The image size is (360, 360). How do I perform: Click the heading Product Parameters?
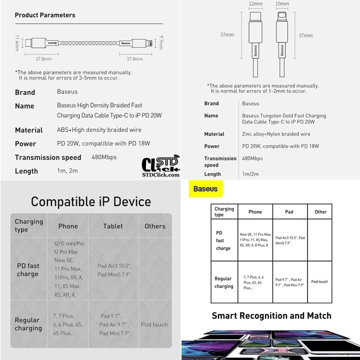(45, 15)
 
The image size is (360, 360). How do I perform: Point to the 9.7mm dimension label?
(161, 42)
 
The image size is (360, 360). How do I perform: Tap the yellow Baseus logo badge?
(202, 190)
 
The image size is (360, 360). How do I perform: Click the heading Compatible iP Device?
(90, 201)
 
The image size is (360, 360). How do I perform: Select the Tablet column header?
(113, 226)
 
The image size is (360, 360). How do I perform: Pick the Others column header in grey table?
(155, 226)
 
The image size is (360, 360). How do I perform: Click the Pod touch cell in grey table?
(154, 324)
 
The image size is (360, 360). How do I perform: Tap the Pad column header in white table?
(289, 212)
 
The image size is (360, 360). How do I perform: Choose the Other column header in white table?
(320, 212)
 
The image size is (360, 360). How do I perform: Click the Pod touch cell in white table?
(319, 281)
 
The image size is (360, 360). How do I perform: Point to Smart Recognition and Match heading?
(271, 315)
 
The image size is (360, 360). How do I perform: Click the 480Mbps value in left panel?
(104, 157)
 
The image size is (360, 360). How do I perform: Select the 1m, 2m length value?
(67, 171)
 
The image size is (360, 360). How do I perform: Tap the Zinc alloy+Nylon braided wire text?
(276, 134)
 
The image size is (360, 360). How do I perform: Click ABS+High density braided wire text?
(99, 130)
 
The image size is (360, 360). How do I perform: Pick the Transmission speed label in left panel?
(48, 157)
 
